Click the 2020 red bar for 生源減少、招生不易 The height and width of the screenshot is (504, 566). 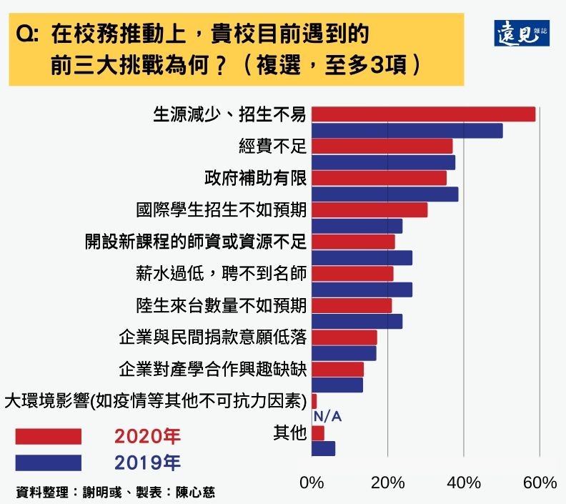click(x=423, y=114)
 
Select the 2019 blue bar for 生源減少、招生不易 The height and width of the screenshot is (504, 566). click(x=407, y=131)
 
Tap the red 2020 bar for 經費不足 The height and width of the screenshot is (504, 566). click(x=382, y=146)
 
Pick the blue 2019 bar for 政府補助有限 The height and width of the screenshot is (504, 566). click(x=384, y=194)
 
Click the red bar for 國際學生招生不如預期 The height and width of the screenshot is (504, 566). click(x=369, y=209)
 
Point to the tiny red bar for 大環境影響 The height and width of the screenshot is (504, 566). click(x=314, y=401)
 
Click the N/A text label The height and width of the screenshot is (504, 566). click(x=327, y=417)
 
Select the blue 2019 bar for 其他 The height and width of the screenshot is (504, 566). click(x=323, y=449)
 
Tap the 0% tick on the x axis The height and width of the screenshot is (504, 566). click(x=312, y=483)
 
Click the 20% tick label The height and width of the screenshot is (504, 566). click(x=388, y=483)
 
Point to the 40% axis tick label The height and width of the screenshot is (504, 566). click(x=464, y=483)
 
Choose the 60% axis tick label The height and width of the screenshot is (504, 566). click(x=540, y=483)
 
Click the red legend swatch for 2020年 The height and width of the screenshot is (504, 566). click(x=48, y=436)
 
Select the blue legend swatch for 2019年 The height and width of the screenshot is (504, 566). click(x=48, y=463)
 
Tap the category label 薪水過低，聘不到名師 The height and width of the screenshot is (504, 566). click(x=221, y=274)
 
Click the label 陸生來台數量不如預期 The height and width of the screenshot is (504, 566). click(x=221, y=305)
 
